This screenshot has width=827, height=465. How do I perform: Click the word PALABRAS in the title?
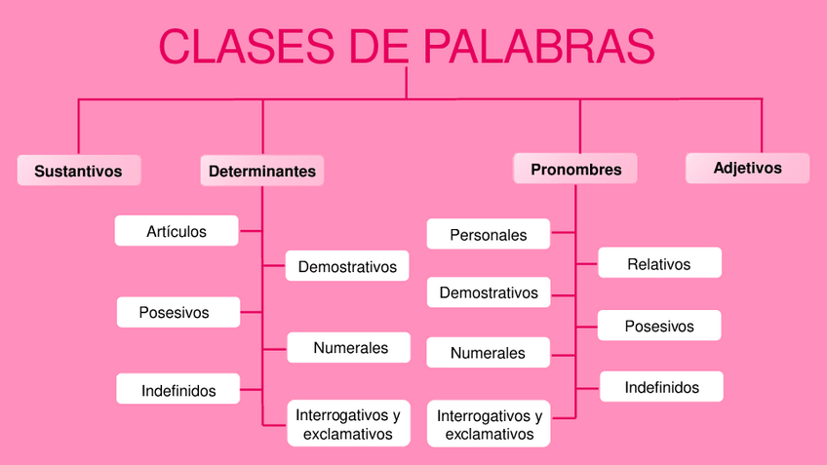coord(539,47)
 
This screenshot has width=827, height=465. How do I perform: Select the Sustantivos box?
coord(78,171)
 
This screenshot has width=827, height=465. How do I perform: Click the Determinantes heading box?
coord(262,171)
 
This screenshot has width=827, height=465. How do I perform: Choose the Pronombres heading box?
coord(575,170)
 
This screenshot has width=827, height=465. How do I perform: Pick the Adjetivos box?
coord(747,168)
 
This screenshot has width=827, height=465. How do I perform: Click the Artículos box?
coord(177,231)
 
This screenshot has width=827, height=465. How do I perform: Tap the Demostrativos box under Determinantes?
coord(347,266)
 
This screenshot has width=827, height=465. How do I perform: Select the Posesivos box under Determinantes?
coord(175,313)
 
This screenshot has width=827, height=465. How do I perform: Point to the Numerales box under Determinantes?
coord(350,348)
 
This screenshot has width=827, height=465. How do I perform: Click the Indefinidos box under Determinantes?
coord(177,390)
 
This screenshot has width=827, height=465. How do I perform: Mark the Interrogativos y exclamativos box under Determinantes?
coord(348,424)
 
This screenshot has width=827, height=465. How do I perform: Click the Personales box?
coord(489,235)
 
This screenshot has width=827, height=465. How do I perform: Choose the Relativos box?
coord(659,263)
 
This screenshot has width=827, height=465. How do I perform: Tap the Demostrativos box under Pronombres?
coord(489,292)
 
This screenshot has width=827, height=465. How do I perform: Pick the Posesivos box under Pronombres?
coord(659,326)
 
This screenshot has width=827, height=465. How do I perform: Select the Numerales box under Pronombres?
coord(488,353)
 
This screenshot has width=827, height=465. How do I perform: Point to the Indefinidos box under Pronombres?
coord(662,387)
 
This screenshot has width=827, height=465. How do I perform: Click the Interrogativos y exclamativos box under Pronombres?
coord(489,424)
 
